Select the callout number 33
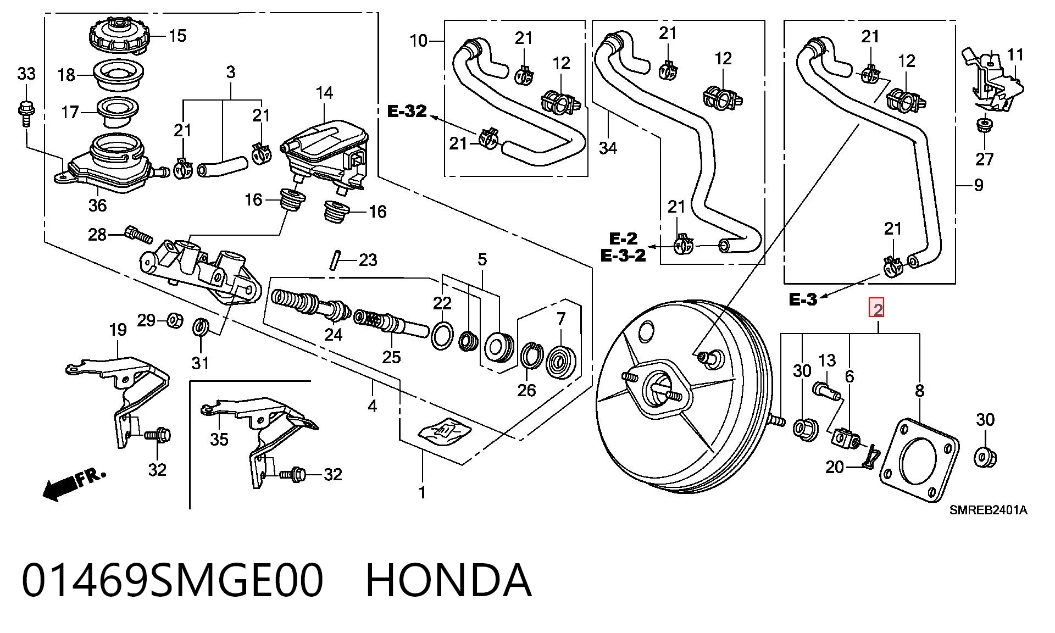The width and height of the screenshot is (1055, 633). point(26,73)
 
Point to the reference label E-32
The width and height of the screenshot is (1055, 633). point(407,112)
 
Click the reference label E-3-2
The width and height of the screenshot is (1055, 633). point(623,256)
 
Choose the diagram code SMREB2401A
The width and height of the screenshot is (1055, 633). point(989,510)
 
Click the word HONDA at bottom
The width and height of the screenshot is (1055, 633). point(448,580)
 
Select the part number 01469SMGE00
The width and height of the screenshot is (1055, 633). point(173,580)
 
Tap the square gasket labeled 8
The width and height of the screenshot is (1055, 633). point(919,460)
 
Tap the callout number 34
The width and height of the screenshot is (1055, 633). point(608,148)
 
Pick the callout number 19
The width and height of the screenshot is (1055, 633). point(118,330)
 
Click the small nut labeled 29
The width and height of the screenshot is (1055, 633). point(175,319)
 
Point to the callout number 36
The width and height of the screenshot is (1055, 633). point(97,206)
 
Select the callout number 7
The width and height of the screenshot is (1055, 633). point(560,319)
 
